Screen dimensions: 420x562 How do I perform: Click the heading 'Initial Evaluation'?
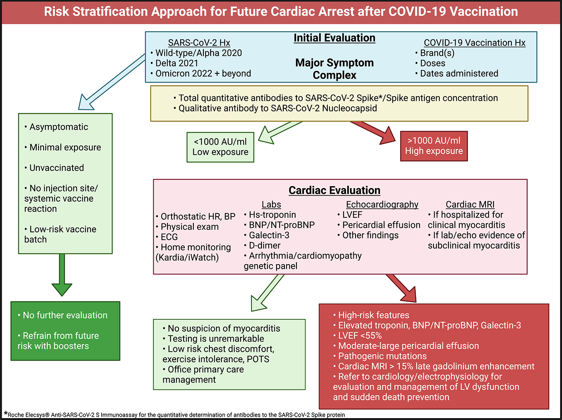coord(334,38)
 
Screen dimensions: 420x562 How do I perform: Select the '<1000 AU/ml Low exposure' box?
coord(220,147)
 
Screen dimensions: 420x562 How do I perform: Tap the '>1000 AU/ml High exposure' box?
coord(434,146)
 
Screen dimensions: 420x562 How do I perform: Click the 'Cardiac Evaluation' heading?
coord(334,190)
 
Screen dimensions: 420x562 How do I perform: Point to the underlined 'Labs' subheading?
coord(271,205)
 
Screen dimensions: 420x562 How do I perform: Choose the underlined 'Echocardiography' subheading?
coord(382,205)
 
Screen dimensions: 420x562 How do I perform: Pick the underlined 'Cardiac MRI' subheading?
coord(470,205)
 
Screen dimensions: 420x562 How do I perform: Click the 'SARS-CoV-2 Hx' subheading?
coord(199,43)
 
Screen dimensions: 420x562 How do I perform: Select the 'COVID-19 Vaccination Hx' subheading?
coord(474,43)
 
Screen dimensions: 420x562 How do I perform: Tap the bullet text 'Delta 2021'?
coord(176,63)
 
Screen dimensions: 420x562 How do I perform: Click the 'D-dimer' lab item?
coord(265,245)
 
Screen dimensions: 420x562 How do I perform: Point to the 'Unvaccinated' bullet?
coord(57,168)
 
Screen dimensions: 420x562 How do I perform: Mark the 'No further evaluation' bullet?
coord(65,315)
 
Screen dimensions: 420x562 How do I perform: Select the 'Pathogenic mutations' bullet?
coord(382,356)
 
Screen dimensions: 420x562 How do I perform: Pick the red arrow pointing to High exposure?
coord(375,132)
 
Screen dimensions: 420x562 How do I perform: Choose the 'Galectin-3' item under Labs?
coord(269,235)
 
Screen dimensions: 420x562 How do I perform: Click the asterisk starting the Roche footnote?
coord(6,414)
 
